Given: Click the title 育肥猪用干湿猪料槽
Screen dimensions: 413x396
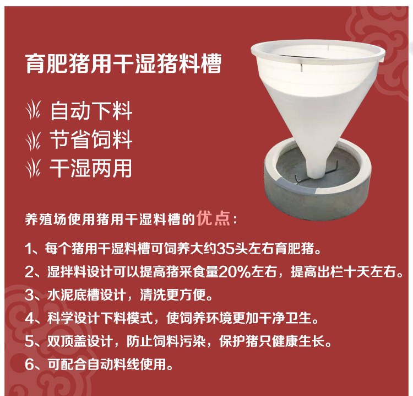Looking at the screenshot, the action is point(123,63).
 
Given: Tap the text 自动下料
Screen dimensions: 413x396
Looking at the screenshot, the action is point(91,111).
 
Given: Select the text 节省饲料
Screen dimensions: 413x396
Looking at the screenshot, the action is point(91,140).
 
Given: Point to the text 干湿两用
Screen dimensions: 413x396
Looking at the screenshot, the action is point(91,168).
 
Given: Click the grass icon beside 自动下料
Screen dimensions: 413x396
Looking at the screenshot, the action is point(34,110).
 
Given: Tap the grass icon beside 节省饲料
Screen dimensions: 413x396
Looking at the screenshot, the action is point(34,141).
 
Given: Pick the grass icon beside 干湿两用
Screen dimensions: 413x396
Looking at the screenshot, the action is point(34,168).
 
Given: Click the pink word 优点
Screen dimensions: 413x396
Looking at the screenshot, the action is point(213,218).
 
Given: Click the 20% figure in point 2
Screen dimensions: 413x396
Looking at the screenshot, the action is point(235,272).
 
